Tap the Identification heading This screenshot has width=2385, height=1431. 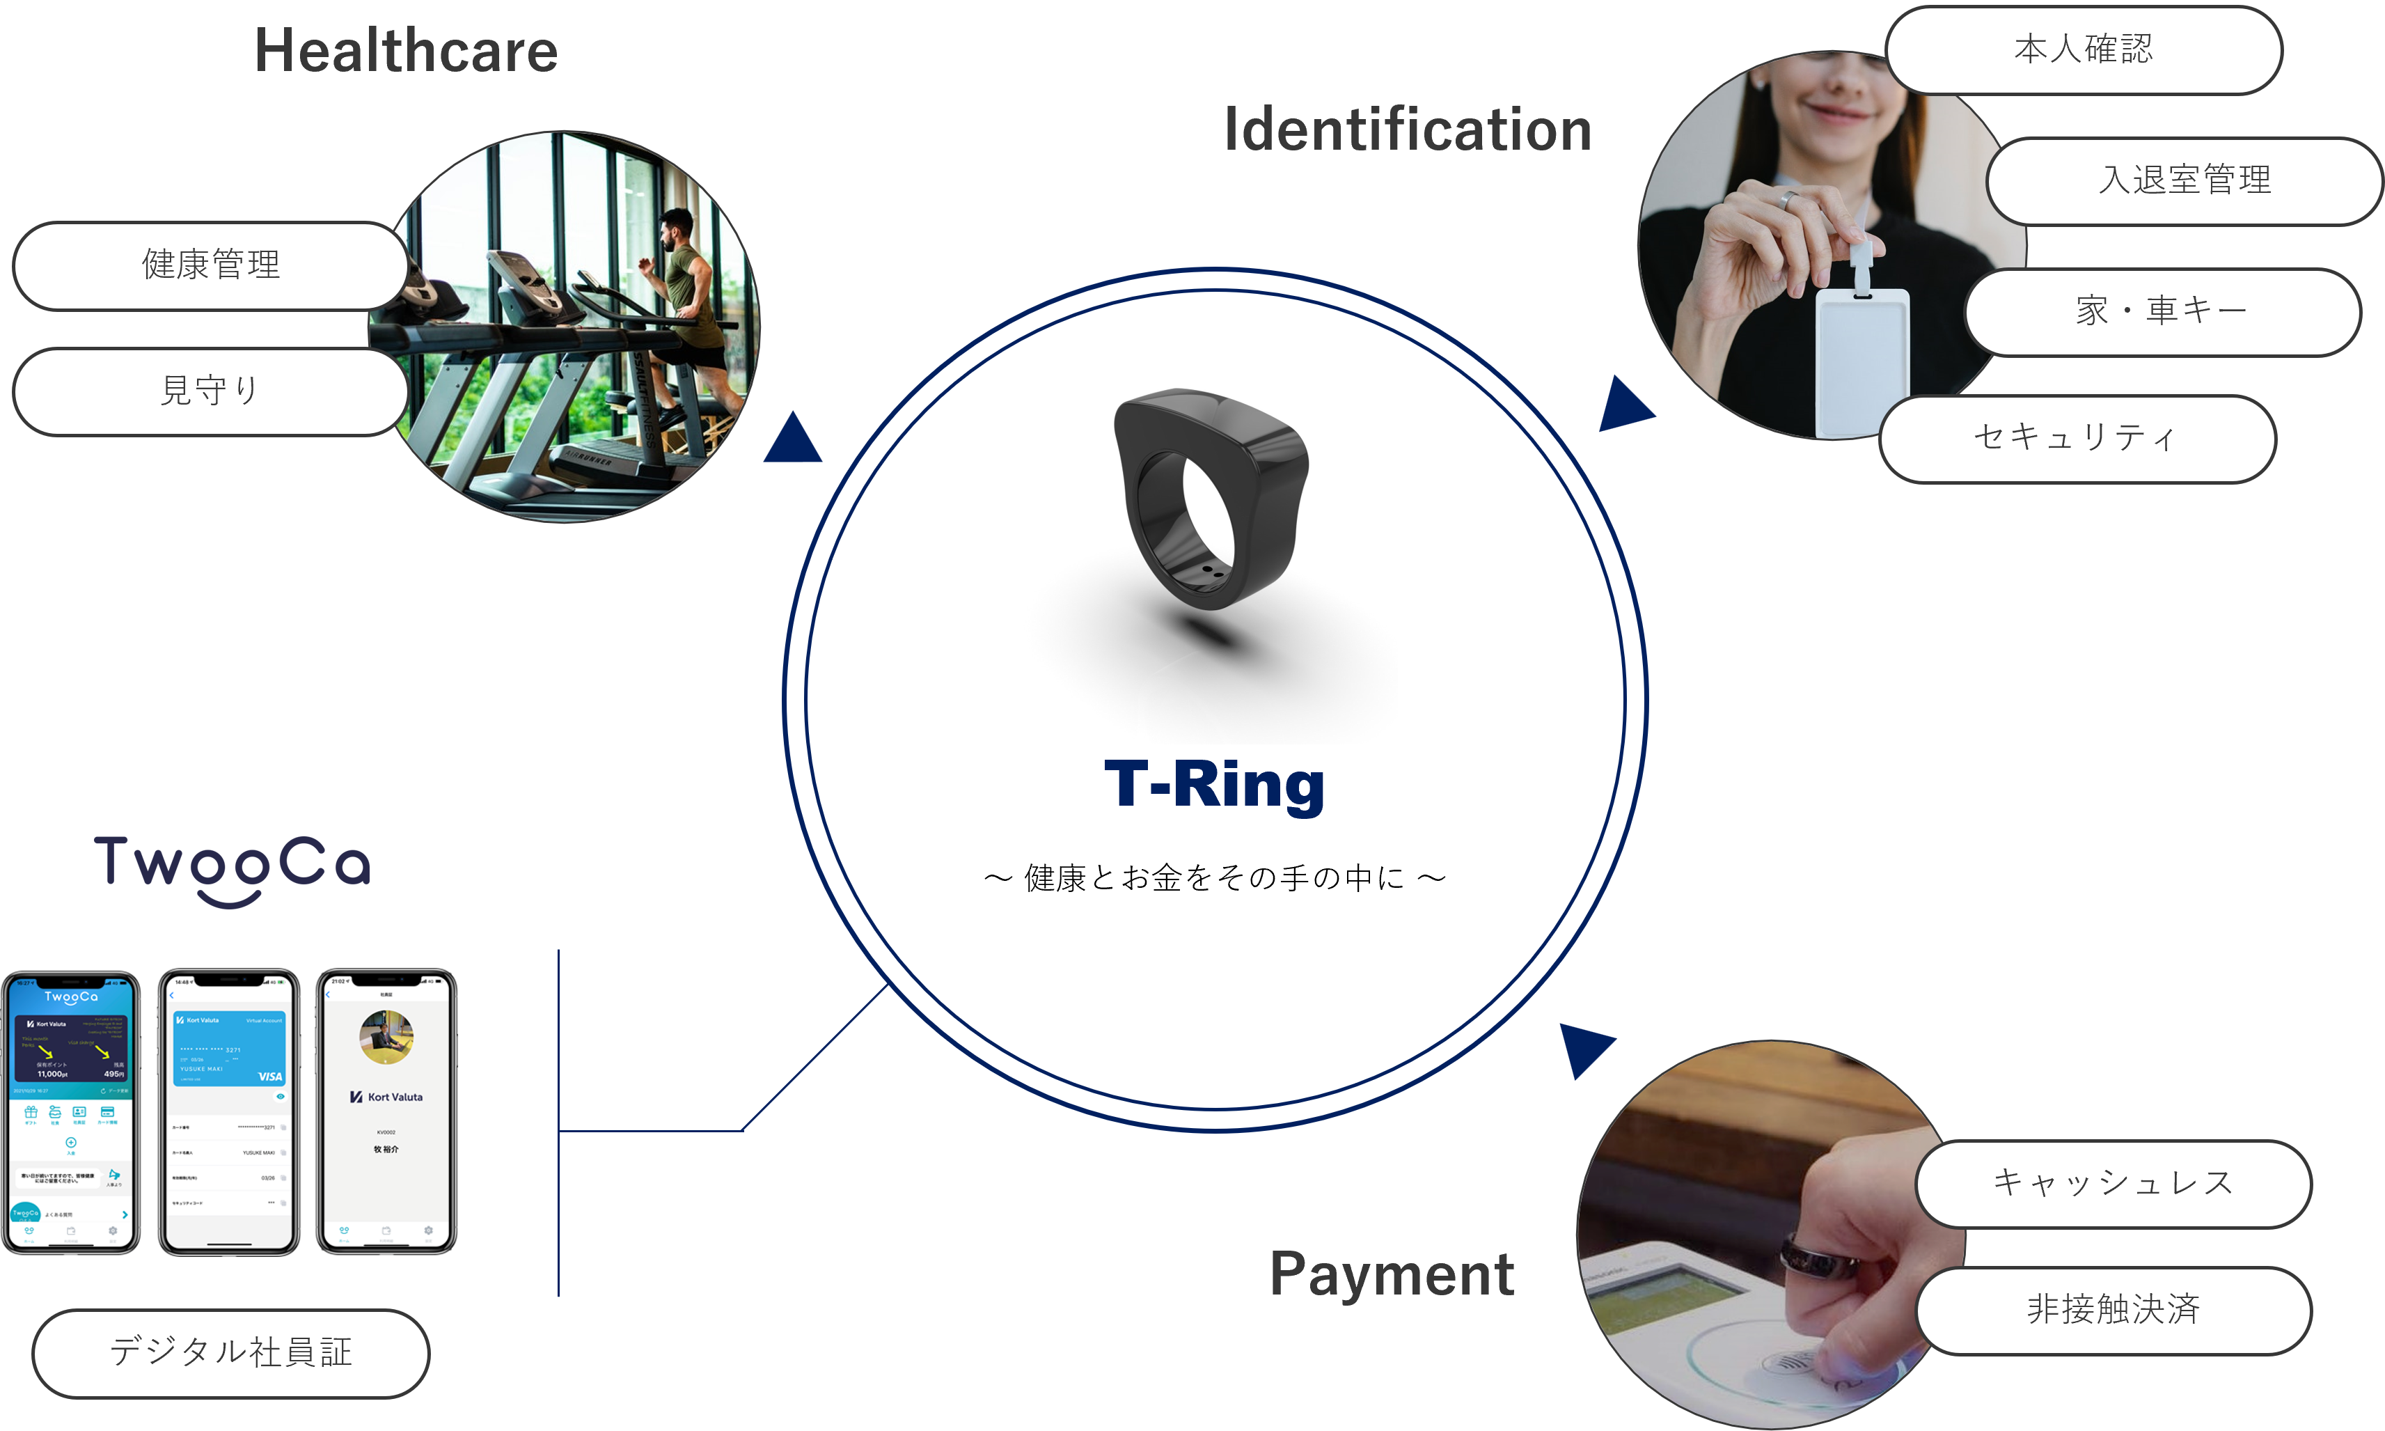[1408, 130]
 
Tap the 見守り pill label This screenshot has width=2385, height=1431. [210, 391]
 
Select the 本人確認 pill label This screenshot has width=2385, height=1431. [2084, 49]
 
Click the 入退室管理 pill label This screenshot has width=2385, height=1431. [2185, 180]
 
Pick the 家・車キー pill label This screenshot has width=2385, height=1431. [2162, 311]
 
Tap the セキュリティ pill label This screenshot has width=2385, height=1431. [2077, 438]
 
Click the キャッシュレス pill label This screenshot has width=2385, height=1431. [2113, 1183]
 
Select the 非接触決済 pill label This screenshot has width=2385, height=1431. [2113, 1311]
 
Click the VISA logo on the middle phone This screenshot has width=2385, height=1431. [270, 1076]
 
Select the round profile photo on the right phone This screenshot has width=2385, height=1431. [386, 1037]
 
